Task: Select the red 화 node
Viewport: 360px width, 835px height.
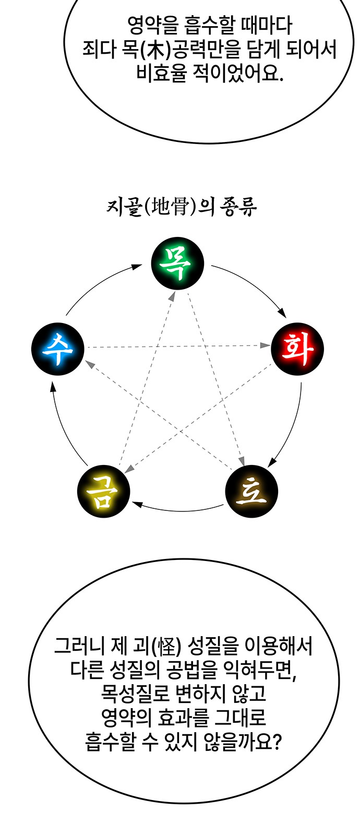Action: [297, 349]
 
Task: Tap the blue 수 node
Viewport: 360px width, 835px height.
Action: [58, 349]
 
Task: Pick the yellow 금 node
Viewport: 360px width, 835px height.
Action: [104, 491]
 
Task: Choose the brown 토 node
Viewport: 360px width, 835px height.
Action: [251, 491]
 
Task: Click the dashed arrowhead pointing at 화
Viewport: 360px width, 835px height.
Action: [265, 345]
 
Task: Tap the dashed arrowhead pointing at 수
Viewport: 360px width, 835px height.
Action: [89, 363]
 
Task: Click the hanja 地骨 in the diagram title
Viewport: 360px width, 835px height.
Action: [169, 208]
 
